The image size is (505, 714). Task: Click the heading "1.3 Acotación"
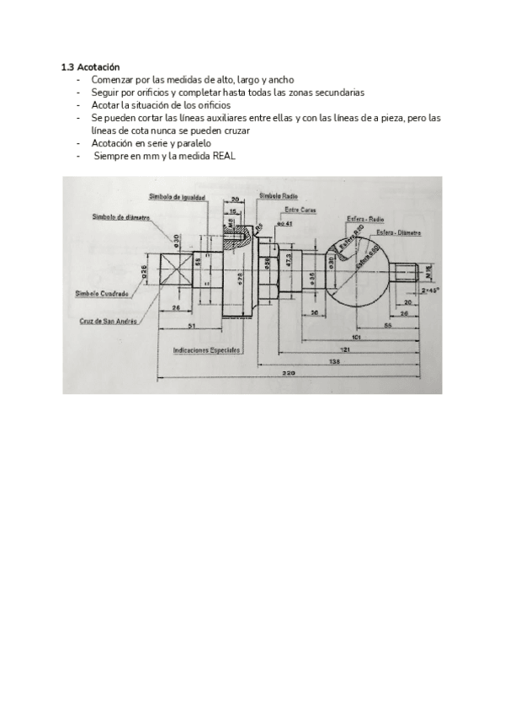click(91, 67)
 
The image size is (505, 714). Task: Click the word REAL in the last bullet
click(221, 157)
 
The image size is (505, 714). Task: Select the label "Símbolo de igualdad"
click(177, 196)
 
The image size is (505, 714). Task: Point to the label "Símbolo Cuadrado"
click(102, 293)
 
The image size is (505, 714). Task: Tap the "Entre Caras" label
click(300, 210)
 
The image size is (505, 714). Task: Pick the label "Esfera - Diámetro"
click(399, 231)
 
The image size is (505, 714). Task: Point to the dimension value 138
click(335, 360)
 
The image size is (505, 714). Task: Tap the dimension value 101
click(357, 337)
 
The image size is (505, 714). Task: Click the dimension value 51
click(192, 324)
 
